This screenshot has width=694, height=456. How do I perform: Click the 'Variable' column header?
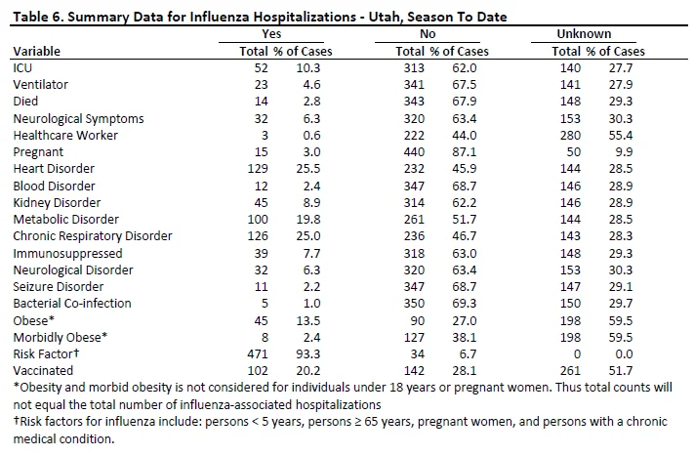point(37,52)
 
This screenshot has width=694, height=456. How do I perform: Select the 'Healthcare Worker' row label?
point(65,136)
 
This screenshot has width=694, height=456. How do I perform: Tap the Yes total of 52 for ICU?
point(262,68)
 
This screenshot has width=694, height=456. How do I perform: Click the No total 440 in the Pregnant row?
point(414,152)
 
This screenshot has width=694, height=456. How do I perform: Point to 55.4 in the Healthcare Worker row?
point(621,136)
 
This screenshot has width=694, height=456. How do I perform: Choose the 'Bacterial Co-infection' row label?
point(72,304)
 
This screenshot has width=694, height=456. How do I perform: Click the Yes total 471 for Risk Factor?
point(258,354)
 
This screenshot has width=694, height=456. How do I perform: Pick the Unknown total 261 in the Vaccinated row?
point(570,371)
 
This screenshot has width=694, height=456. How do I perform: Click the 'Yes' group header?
point(271,34)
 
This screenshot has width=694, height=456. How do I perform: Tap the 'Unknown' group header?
point(584,34)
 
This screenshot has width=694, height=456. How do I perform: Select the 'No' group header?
point(428,34)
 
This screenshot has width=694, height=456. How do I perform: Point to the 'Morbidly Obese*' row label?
point(61,337)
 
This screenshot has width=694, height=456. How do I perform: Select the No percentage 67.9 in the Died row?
point(465,102)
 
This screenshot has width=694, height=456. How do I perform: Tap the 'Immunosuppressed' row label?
point(67,254)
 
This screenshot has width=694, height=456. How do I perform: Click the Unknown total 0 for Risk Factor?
point(577,354)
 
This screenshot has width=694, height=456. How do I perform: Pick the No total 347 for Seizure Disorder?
point(414,287)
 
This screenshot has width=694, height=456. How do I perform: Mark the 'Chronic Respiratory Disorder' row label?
point(93,236)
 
